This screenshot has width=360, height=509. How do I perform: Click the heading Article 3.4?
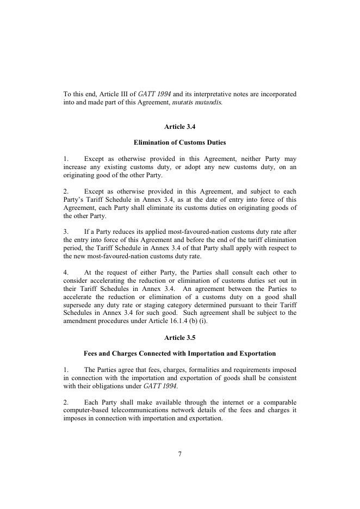[179, 127]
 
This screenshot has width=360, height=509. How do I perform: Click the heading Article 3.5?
[179, 338]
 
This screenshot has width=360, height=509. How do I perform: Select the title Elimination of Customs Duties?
[179, 142]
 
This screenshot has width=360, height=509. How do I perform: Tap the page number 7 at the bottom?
[179, 454]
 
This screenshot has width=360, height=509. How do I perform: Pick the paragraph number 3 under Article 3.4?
[66, 232]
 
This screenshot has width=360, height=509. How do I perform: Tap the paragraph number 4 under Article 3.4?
[66, 272]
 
